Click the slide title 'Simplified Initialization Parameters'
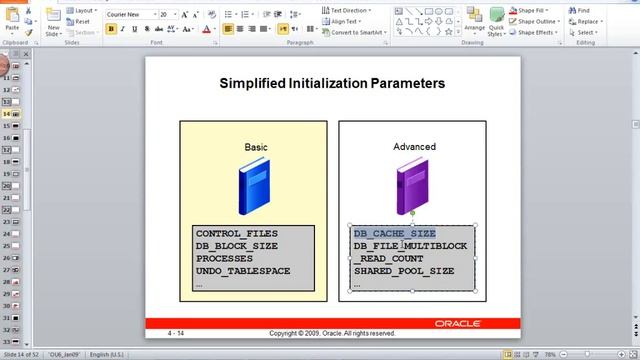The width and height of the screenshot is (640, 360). (331, 83)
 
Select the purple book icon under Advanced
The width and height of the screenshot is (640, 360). (412, 187)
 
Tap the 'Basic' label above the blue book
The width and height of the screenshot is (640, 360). (256, 147)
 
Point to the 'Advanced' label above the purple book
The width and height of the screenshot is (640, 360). (414, 147)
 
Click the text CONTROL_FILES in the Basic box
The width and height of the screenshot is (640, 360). (237, 234)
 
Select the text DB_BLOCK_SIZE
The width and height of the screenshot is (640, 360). (237, 246)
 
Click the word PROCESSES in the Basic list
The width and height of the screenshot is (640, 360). (224, 258)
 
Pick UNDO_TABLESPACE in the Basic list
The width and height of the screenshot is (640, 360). (243, 271)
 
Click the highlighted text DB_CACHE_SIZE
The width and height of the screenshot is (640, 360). (394, 234)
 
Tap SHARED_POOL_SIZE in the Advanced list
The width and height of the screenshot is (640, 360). (403, 271)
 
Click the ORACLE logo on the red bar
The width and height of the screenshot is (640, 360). (457, 323)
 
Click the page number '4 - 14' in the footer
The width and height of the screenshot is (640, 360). (176, 332)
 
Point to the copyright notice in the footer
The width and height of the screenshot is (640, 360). (332, 332)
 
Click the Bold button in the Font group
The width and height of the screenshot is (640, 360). (110, 29)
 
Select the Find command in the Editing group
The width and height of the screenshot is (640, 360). (580, 10)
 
